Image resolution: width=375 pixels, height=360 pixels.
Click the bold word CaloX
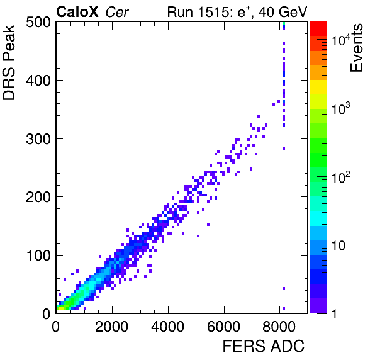tap(77, 12)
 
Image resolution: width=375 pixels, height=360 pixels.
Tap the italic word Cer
tap(117, 12)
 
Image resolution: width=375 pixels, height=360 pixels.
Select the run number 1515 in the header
tap(215, 12)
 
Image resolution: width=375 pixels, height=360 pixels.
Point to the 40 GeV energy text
tap(283, 12)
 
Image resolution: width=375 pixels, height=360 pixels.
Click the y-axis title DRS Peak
tap(9, 62)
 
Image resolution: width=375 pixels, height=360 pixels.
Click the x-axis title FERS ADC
tap(264, 346)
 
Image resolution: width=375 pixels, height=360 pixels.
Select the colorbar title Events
tap(356, 48)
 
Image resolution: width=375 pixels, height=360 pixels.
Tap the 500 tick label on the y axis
tap(38, 23)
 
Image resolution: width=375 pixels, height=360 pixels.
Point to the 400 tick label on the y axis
tap(38, 81)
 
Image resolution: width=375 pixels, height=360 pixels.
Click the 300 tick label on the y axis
tap(38, 139)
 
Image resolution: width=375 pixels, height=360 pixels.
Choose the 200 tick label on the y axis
tap(38, 197)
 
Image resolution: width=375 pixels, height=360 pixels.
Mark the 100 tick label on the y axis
tap(39, 256)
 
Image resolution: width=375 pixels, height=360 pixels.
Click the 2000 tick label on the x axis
tap(112, 326)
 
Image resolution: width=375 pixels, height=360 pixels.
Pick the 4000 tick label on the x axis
tap(167, 326)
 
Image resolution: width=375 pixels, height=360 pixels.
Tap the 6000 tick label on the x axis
tap(223, 326)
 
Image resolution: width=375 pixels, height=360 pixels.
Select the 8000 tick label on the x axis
tap(279, 326)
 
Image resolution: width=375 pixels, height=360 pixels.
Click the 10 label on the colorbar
tap(339, 245)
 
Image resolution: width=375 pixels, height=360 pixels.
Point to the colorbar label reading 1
tap(335, 313)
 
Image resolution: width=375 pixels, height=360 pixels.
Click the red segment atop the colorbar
tap(318, 29)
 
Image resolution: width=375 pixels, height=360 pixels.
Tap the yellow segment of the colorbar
tap(318, 87)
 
